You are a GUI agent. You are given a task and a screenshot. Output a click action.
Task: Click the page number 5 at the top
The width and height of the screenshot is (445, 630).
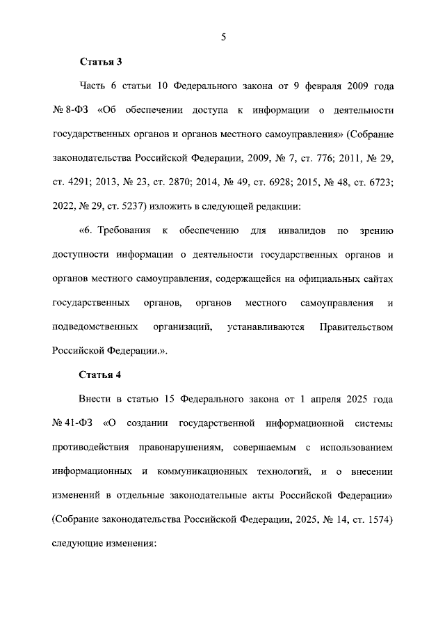[x=223, y=38]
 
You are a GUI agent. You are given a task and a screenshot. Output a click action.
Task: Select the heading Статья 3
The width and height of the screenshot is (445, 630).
[x=101, y=62]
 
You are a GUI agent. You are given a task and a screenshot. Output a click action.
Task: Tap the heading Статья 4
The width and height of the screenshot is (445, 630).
[x=101, y=375]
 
